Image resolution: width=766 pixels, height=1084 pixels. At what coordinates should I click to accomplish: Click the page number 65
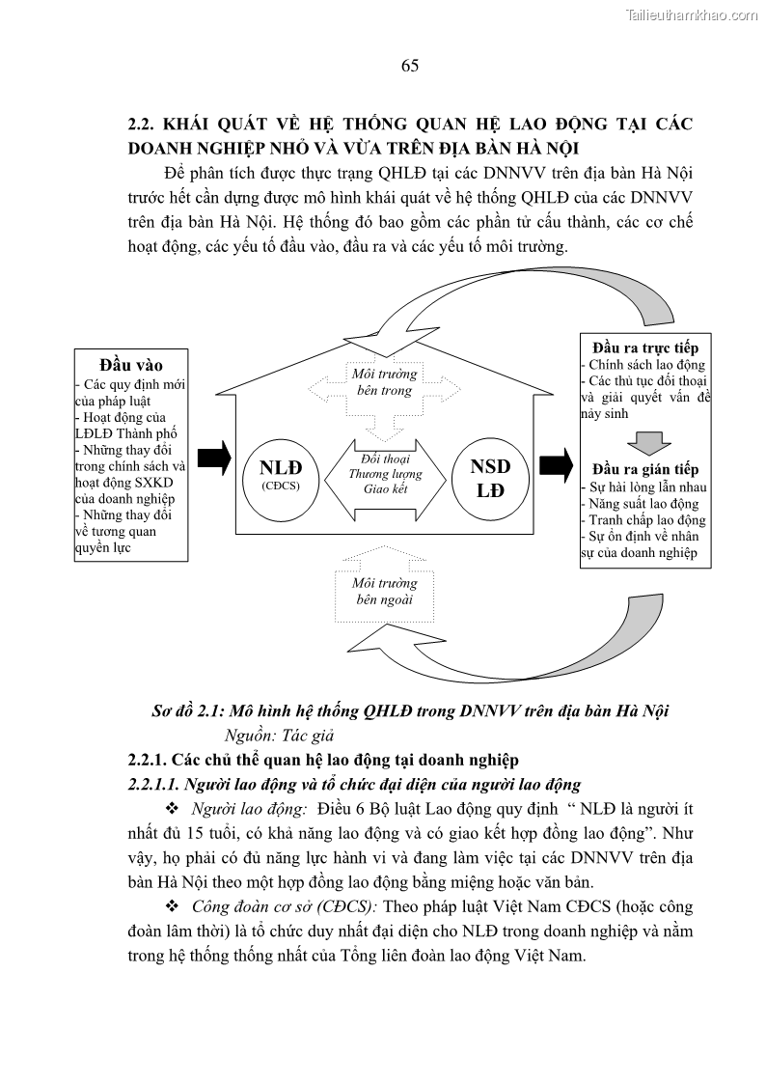point(409,66)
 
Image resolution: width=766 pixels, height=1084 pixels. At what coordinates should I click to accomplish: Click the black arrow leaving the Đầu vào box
point(215,458)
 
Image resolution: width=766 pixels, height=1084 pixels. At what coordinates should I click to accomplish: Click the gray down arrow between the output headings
point(645,440)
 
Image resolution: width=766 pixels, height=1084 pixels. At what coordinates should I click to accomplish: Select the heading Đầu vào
point(131,366)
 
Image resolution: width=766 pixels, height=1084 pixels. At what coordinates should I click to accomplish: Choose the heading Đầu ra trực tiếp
point(645,347)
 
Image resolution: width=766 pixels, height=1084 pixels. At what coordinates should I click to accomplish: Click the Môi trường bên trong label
point(385,382)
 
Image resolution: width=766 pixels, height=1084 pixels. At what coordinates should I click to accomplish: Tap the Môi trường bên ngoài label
point(385,591)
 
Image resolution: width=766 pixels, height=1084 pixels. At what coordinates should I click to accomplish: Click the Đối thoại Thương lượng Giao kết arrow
point(386,474)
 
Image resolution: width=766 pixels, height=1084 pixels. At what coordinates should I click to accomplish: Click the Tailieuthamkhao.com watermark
point(692,14)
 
